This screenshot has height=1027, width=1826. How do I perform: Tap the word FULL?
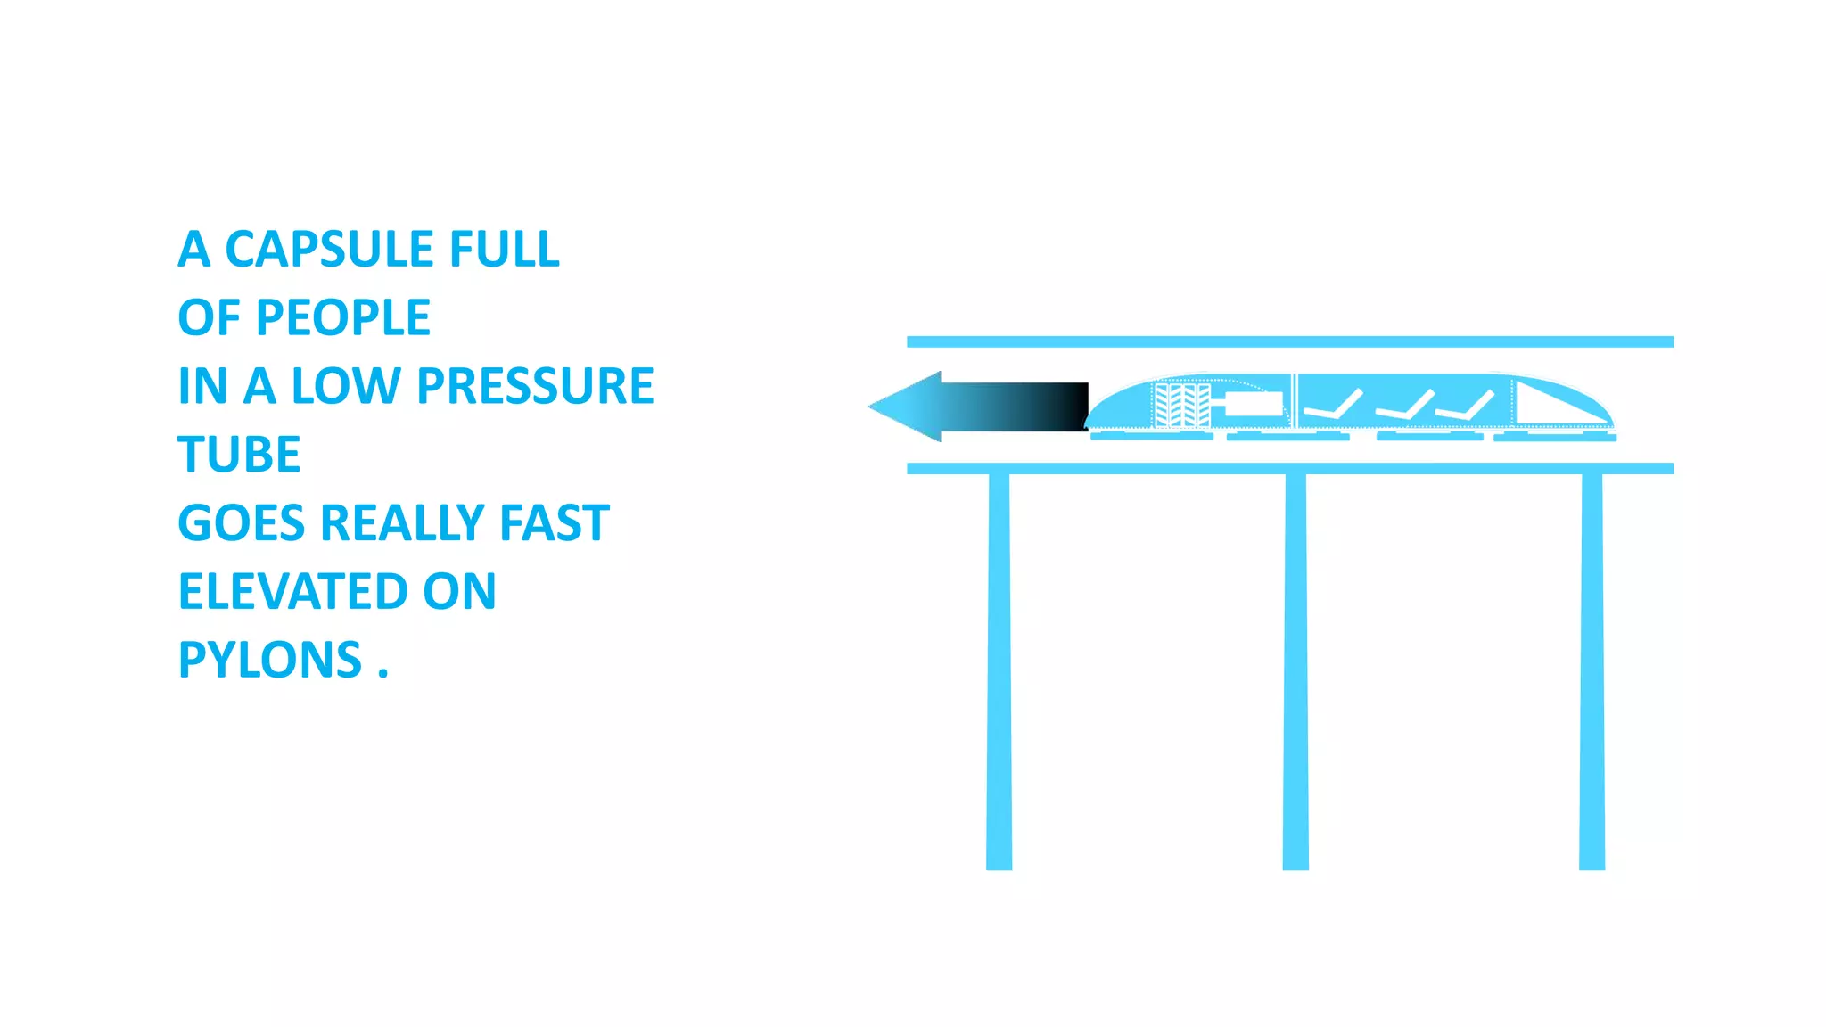[504, 249]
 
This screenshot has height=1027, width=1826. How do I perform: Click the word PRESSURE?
[535, 386]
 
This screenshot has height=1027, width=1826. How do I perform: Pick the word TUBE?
[239, 455]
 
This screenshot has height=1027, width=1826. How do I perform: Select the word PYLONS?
[269, 661]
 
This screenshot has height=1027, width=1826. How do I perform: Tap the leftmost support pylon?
[999, 669]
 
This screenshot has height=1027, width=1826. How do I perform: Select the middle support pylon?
[1295, 669]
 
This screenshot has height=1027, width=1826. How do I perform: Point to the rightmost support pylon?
[1592, 669]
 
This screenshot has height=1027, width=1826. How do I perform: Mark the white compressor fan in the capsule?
[1182, 406]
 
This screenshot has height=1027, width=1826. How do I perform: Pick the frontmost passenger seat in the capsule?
[1333, 407]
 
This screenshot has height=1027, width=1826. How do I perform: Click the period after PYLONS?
[383, 675]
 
